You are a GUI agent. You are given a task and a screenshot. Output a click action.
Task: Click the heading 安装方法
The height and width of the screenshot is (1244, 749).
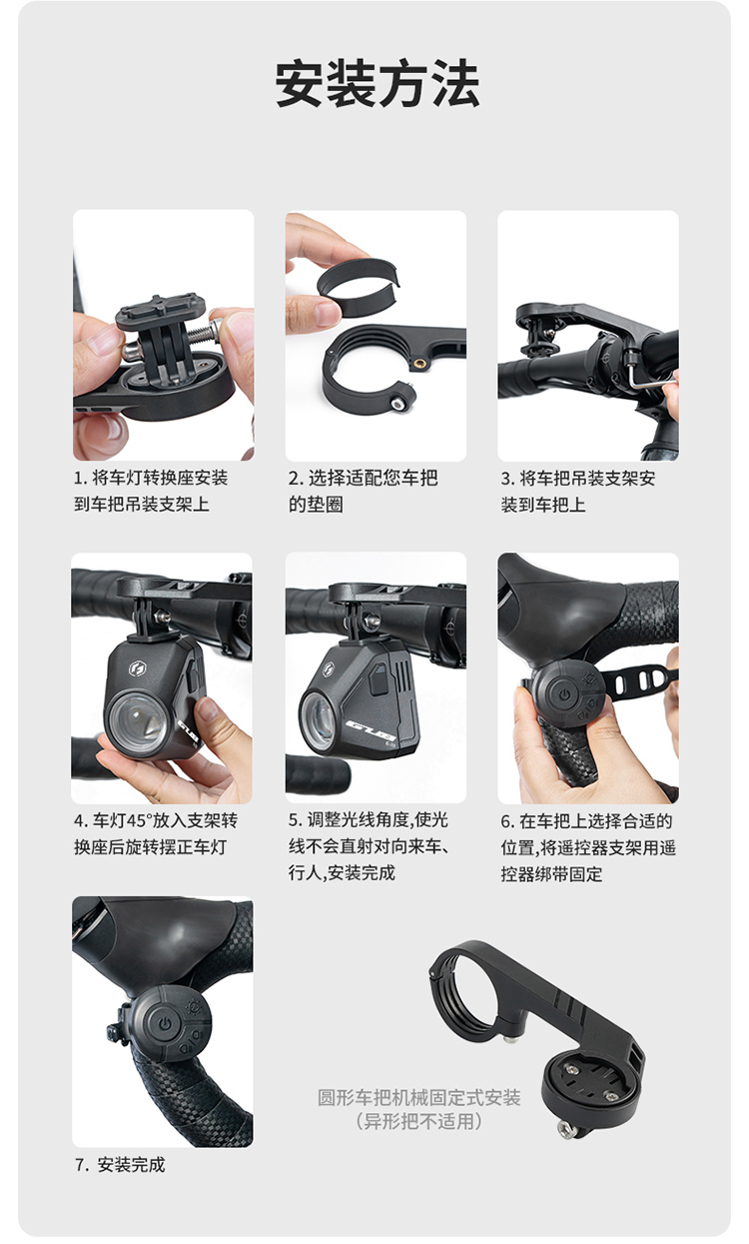tap(377, 84)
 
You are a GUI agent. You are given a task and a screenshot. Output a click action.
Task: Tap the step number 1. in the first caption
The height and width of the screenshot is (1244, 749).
tap(81, 479)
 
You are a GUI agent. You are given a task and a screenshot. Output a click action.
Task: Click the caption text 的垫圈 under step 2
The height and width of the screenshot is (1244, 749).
tap(316, 505)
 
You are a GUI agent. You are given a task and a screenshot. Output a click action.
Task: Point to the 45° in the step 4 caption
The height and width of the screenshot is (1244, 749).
tap(137, 820)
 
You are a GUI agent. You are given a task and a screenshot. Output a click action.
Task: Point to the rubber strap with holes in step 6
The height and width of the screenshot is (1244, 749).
tap(641, 681)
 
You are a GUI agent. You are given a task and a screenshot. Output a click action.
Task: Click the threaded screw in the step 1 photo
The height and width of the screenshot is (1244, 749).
tap(201, 335)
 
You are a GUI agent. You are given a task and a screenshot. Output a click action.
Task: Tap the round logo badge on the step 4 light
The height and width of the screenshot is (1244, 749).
tap(137, 668)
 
